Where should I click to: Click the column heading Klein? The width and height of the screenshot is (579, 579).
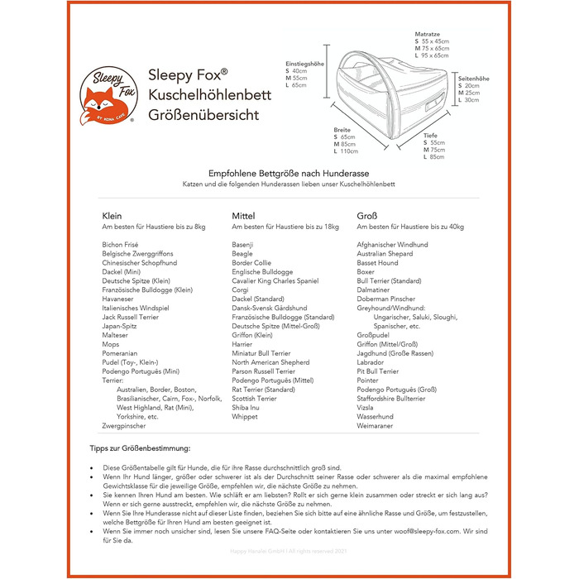click(112, 215)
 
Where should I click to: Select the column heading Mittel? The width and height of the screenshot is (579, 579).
click(243, 215)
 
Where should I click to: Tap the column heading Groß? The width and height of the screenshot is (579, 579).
click(367, 215)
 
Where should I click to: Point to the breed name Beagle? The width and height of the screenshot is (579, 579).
click(242, 254)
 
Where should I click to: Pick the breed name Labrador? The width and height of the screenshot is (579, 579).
click(371, 361)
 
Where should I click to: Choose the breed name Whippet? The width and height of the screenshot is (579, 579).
click(245, 417)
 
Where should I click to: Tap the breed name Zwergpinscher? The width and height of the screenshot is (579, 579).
click(124, 426)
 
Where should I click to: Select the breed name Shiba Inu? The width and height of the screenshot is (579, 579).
click(246, 407)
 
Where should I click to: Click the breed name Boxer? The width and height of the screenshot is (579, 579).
click(366, 272)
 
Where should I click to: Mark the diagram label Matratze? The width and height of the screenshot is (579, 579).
click(427, 34)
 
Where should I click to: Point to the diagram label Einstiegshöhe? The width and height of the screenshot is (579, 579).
click(304, 64)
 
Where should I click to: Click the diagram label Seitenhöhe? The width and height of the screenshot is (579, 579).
click(474, 79)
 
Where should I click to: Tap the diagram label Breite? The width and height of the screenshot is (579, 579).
click(342, 130)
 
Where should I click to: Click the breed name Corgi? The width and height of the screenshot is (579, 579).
click(241, 290)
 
